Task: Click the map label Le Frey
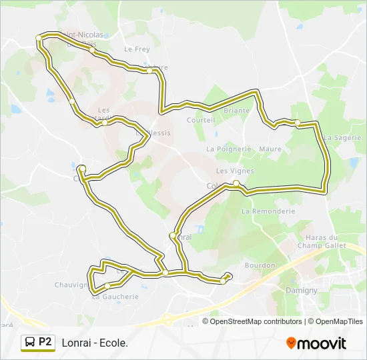point(137,49)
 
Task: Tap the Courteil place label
point(201,120)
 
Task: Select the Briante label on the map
point(236,111)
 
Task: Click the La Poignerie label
point(229,149)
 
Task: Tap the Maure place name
point(270,149)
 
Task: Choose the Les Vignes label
point(221,171)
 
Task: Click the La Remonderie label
point(268,211)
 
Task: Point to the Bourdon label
point(260,265)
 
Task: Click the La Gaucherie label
point(115,297)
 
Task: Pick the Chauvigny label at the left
point(72,285)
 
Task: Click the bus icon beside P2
point(30,343)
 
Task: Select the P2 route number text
point(45,342)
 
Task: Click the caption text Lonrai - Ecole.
point(95,343)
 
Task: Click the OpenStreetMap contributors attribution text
point(256,321)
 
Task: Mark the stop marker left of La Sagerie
point(298,123)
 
